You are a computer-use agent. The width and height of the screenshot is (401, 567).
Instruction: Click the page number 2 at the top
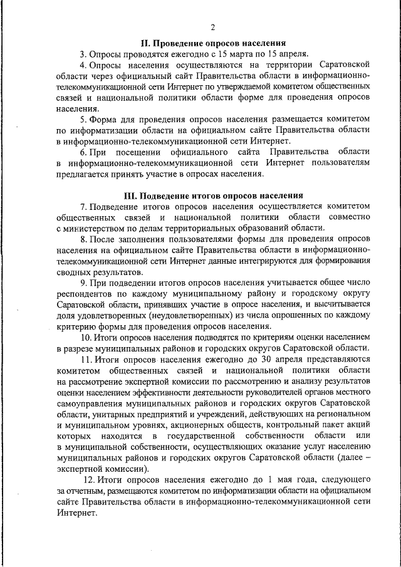click(212, 27)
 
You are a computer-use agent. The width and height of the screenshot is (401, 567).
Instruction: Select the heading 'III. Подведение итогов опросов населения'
click(212, 195)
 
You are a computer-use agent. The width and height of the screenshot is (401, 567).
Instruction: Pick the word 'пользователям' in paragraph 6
click(339, 163)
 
